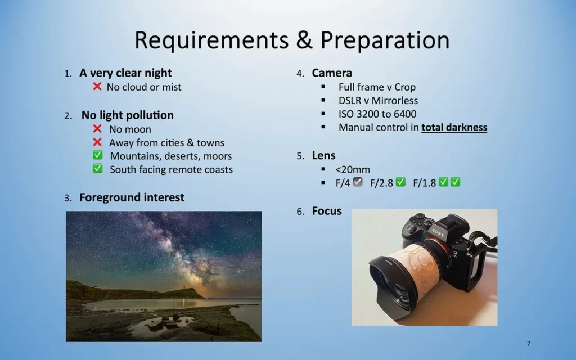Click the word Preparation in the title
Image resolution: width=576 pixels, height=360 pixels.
coord(385,40)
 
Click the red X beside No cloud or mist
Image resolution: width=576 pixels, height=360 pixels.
coord(97,87)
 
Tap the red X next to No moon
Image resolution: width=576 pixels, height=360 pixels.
coord(97,129)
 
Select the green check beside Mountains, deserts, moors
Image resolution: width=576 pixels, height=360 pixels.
coord(98,156)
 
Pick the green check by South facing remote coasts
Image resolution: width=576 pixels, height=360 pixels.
coord(98,169)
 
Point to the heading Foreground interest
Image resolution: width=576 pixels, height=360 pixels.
coord(132,197)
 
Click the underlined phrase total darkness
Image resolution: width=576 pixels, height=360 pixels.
coord(454,127)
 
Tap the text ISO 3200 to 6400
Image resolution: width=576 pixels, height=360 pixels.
coord(377,114)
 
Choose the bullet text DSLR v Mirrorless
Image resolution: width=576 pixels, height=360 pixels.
coord(378,100)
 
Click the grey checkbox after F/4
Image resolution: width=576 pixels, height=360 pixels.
coord(358,182)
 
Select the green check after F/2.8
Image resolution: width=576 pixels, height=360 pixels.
coord(400,182)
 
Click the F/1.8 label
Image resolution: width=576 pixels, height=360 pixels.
coord(425,183)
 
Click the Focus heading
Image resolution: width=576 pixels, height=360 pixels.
coord(327,211)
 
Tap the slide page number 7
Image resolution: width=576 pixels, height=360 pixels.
coord(528,343)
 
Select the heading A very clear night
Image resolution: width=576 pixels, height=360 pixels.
coord(125,73)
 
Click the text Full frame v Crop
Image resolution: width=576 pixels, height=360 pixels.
coord(377,87)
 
